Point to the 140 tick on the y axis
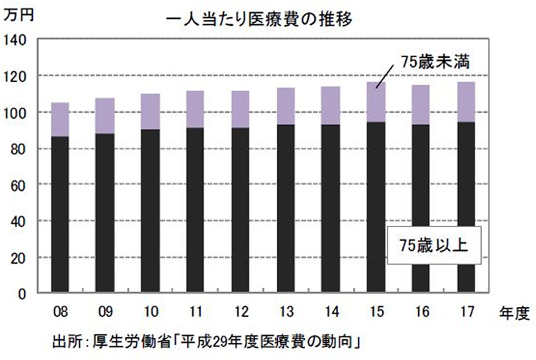pos(18,40)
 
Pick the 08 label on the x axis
pos(60,313)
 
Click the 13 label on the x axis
pos(286,313)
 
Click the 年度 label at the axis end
pos(512,313)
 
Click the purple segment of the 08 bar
pos(61,119)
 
